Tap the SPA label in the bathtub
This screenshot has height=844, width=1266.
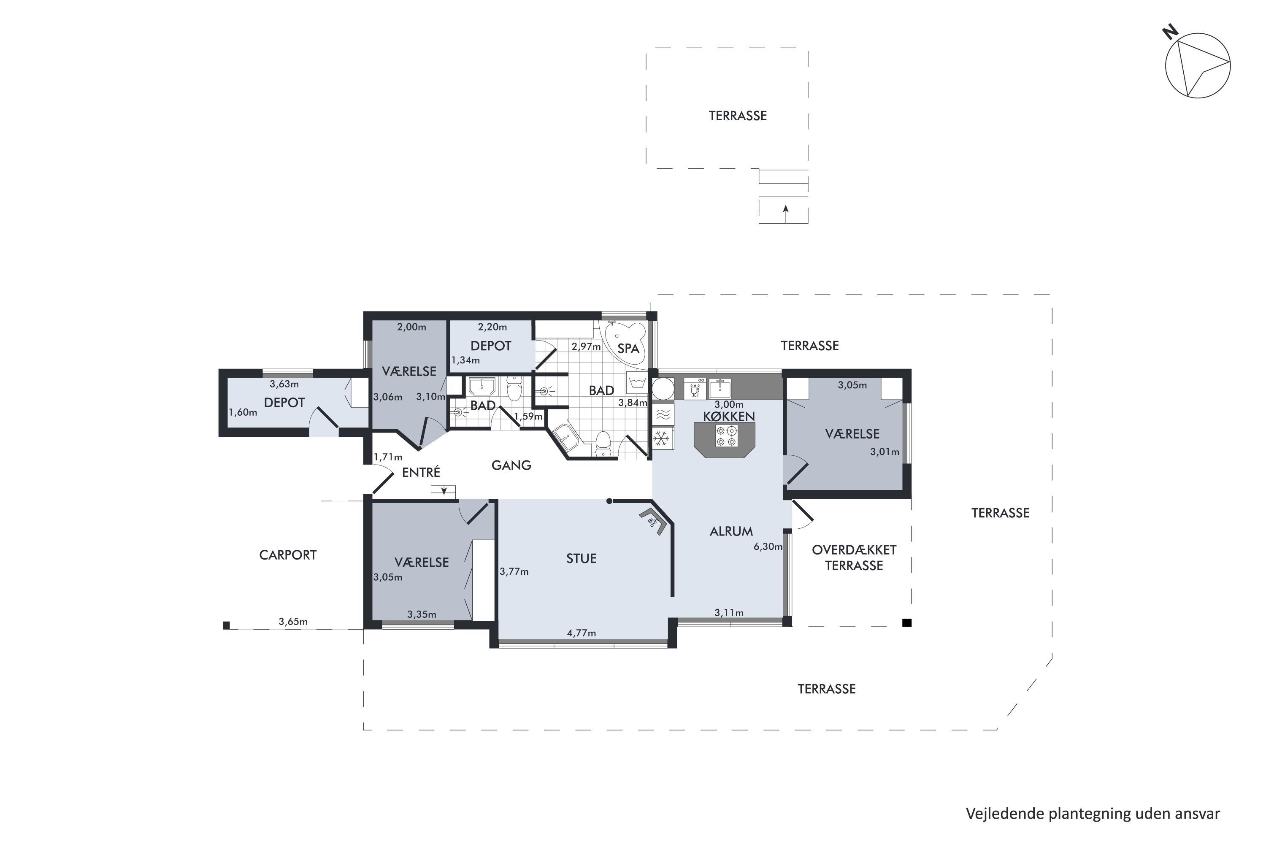[x=628, y=349]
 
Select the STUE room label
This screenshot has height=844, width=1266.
[x=582, y=559]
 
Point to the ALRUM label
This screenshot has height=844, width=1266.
[x=731, y=532]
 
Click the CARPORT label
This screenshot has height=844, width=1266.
[x=288, y=555]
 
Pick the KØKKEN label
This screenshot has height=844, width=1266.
[x=729, y=417]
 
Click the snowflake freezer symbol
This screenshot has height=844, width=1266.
[x=661, y=439]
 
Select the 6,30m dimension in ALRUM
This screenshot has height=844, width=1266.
[x=768, y=547]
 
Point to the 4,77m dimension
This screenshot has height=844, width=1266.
[x=582, y=633]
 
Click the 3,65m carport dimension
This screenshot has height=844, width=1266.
[x=293, y=622]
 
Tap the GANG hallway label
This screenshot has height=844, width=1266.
[x=511, y=465]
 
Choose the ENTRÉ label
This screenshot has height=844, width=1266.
[x=421, y=473]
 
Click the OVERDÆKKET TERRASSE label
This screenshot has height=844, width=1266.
[x=854, y=557]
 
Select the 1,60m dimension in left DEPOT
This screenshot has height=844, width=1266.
[x=243, y=413]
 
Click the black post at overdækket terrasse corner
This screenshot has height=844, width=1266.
[x=907, y=623]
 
